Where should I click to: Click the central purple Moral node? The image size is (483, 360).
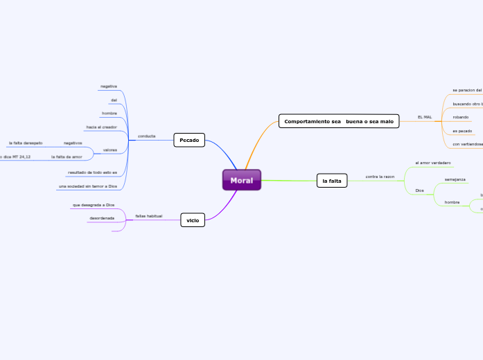[241, 180]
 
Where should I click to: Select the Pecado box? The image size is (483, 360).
[189, 140]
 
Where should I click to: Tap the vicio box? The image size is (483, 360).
[193, 220]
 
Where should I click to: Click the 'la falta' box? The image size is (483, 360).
[331, 181]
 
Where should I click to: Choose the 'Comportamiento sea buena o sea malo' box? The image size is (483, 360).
[339, 121]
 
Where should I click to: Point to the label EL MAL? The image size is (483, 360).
[424, 117]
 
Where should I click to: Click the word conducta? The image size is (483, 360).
[146, 136]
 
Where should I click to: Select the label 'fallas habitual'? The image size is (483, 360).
[149, 216]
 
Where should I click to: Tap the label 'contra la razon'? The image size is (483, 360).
[380, 177]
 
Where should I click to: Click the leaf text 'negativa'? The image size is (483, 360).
[108, 86]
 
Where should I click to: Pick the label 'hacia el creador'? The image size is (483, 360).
[101, 127]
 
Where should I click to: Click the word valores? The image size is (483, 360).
[109, 150]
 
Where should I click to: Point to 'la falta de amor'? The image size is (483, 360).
[67, 156]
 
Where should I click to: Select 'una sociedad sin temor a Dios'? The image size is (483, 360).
[87, 186]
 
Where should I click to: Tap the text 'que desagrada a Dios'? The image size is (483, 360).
[94, 205]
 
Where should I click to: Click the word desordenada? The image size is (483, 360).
[102, 218]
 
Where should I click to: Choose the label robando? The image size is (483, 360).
[461, 117]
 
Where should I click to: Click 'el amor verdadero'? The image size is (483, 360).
[433, 163]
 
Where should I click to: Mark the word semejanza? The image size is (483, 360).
[455, 179]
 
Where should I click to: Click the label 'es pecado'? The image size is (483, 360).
[462, 131]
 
